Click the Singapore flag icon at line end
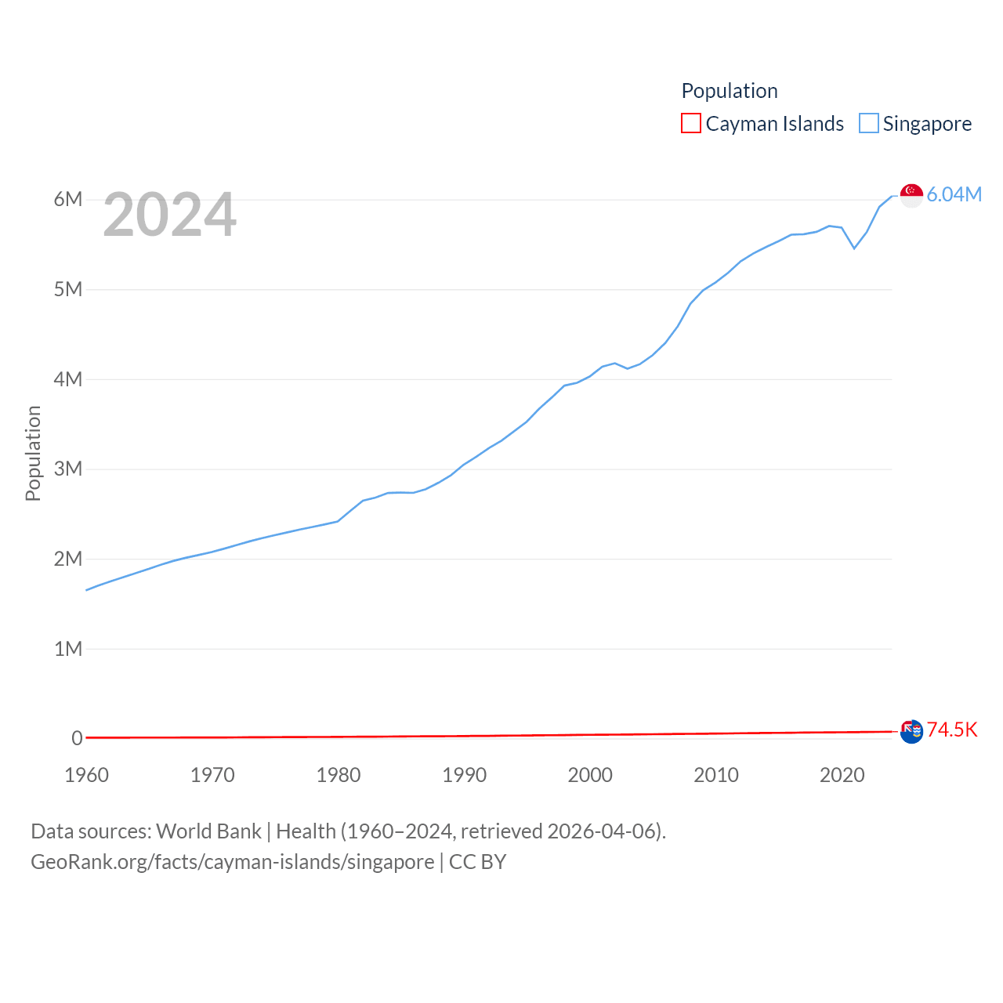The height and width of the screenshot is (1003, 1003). click(x=911, y=195)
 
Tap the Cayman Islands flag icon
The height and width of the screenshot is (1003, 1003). click(x=911, y=731)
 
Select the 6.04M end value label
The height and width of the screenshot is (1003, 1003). click(x=954, y=194)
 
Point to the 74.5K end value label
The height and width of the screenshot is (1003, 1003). click(x=952, y=730)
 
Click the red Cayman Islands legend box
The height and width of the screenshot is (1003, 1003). click(x=691, y=123)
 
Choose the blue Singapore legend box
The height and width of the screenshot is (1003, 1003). click(x=868, y=123)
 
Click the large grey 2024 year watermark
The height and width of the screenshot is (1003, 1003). click(x=169, y=215)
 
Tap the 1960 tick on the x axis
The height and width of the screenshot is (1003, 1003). click(x=86, y=775)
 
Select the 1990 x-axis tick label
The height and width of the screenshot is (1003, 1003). click(x=464, y=775)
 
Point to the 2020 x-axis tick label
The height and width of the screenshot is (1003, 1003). click(x=842, y=775)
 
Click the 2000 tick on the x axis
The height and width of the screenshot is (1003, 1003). click(x=590, y=775)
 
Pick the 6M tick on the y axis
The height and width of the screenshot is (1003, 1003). click(x=68, y=199)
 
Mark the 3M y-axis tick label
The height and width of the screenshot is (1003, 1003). click(x=68, y=469)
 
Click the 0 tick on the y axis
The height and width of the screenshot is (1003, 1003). click(x=77, y=738)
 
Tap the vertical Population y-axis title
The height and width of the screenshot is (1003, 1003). click(x=33, y=453)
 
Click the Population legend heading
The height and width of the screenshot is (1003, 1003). click(x=730, y=91)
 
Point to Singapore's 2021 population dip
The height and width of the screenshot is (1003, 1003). click(x=854, y=248)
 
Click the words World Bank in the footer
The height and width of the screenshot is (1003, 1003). click(x=208, y=831)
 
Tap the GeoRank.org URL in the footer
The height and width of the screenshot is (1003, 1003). click(x=232, y=862)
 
